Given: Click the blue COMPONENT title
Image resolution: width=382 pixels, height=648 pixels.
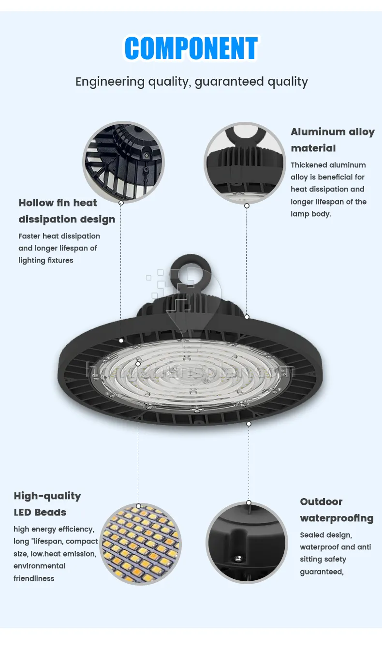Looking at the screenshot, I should (191, 49).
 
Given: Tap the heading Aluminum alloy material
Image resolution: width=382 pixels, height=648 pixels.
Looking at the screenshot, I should (332, 139).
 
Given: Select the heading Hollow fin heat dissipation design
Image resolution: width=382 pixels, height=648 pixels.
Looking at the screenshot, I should (67, 211).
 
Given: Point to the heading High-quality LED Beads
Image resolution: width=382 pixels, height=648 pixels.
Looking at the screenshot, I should (47, 504).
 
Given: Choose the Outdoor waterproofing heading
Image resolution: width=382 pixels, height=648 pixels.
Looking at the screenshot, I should (337, 510).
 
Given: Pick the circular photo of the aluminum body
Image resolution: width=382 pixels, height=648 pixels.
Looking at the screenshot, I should (245, 163).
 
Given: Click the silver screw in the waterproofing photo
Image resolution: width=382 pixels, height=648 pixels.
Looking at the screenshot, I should (238, 559).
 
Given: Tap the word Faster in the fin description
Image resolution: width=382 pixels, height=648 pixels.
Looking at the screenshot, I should (29, 236).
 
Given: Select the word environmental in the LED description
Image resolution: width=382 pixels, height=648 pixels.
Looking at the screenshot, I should (39, 566).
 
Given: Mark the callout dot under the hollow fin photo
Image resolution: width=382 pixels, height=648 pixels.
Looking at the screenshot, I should (121, 203).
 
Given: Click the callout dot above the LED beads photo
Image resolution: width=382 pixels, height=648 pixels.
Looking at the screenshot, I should (138, 506).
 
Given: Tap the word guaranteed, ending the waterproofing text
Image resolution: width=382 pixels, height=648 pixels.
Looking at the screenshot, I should (322, 572).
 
